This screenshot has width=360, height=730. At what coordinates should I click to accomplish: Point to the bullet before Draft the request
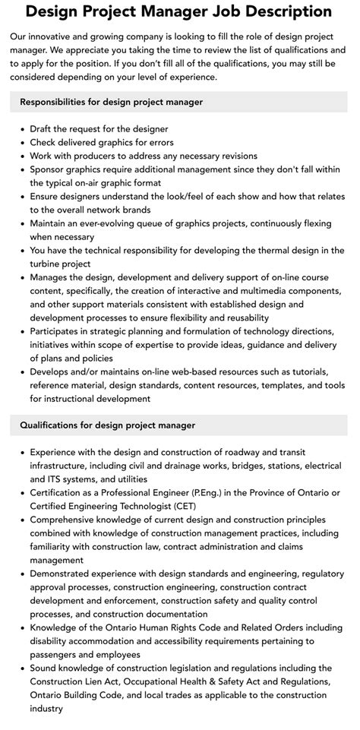point(22,129)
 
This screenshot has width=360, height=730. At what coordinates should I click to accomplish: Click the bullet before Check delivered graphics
point(22,143)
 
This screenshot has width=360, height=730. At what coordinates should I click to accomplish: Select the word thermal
point(265,250)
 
